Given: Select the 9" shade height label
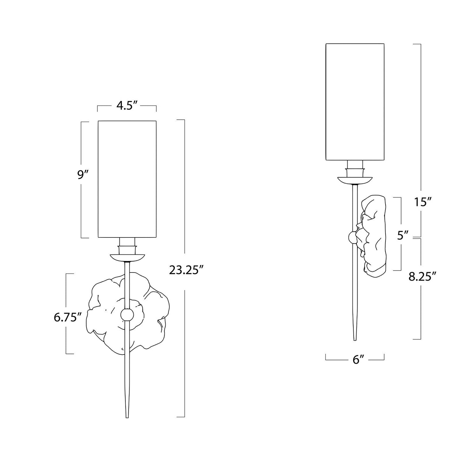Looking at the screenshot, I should point(82,175).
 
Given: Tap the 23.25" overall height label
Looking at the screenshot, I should point(186,270).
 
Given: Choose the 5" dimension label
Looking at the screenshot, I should point(402,236).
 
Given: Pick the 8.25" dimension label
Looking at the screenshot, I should point(422,276).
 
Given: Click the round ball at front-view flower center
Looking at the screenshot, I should point(127,315).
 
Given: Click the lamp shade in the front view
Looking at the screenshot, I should point(127,179).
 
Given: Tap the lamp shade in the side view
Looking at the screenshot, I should point(355,102).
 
